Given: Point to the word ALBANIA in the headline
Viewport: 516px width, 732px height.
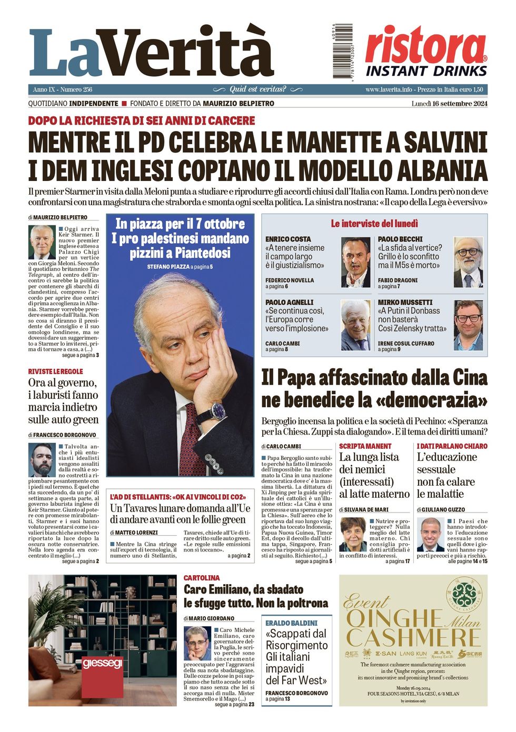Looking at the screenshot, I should [x=442, y=171].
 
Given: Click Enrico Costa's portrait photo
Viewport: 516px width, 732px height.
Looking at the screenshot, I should [x=355, y=262].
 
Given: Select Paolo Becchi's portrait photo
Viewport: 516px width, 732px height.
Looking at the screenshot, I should [x=468, y=262].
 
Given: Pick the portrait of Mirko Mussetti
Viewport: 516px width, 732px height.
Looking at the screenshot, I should [x=468, y=325].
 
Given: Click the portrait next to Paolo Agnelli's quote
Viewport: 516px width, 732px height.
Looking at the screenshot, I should [x=355, y=325].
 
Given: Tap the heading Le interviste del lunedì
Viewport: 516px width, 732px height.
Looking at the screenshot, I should [x=374, y=224].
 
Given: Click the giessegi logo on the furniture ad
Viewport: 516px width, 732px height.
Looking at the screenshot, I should [x=102, y=663].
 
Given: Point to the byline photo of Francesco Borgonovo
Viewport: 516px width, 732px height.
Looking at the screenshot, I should [x=42, y=459].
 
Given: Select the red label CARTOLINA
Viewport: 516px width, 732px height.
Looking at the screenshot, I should [x=202, y=578].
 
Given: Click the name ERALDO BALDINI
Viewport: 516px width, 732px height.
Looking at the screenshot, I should [x=291, y=623].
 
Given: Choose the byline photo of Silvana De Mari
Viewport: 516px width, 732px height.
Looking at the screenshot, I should [x=352, y=534].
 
